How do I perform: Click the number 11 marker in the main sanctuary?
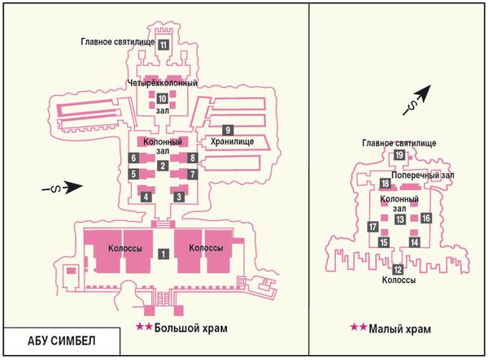[x=163, y=45]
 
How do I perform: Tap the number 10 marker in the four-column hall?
[x=162, y=99]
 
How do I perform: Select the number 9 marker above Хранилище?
[x=228, y=130]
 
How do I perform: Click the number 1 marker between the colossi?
[x=163, y=254]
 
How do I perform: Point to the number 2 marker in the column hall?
[x=163, y=166]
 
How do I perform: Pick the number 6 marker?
[x=133, y=158]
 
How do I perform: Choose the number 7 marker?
[x=192, y=174]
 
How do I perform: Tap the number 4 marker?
[x=146, y=197]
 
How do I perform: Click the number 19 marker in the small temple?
[x=399, y=155]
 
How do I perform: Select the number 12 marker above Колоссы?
[x=398, y=270]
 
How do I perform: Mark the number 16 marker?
[x=425, y=219]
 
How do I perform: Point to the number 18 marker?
[x=385, y=184]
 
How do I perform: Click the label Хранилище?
[x=232, y=141]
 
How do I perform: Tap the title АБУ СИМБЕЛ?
[x=62, y=341]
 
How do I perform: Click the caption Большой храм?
[x=191, y=327]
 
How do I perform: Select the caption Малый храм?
[x=400, y=328]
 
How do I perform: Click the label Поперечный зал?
[x=423, y=176]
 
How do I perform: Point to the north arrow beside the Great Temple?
[x=63, y=187]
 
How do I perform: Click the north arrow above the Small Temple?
[x=417, y=100]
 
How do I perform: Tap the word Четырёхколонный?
[x=162, y=83]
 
